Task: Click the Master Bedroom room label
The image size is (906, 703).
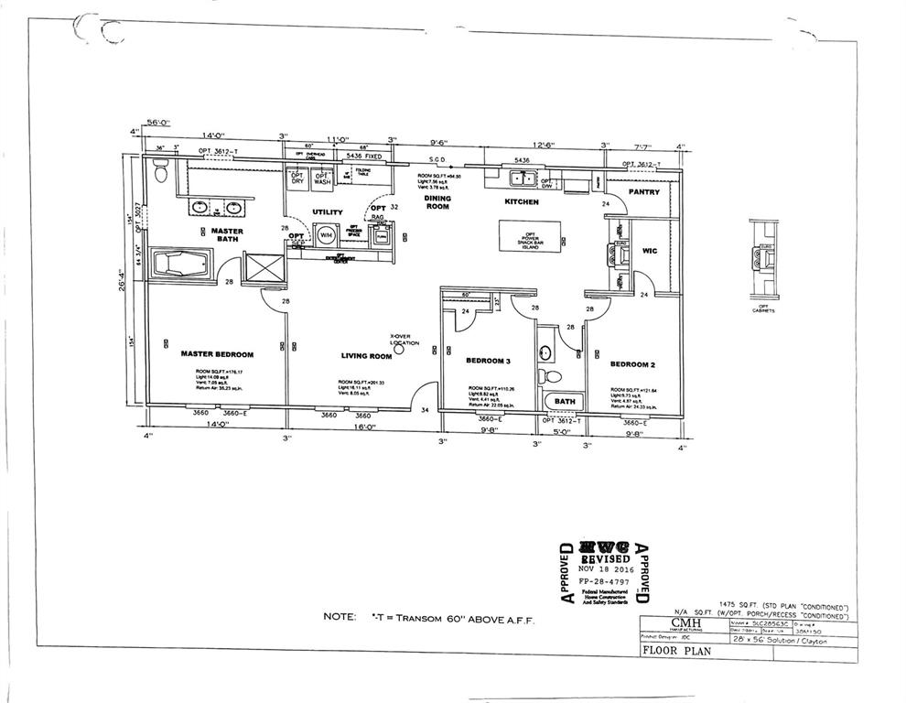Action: [217, 353]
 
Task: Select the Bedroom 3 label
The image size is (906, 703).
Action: [488, 361]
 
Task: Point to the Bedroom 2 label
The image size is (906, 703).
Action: [634, 363]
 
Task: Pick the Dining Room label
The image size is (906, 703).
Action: [438, 201]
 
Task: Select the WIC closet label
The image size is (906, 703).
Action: [650, 250]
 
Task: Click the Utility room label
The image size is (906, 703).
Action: [327, 212]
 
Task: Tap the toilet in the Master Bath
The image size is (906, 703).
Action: [161, 171]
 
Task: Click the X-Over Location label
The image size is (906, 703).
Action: [403, 339]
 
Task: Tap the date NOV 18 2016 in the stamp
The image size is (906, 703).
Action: [604, 568]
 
